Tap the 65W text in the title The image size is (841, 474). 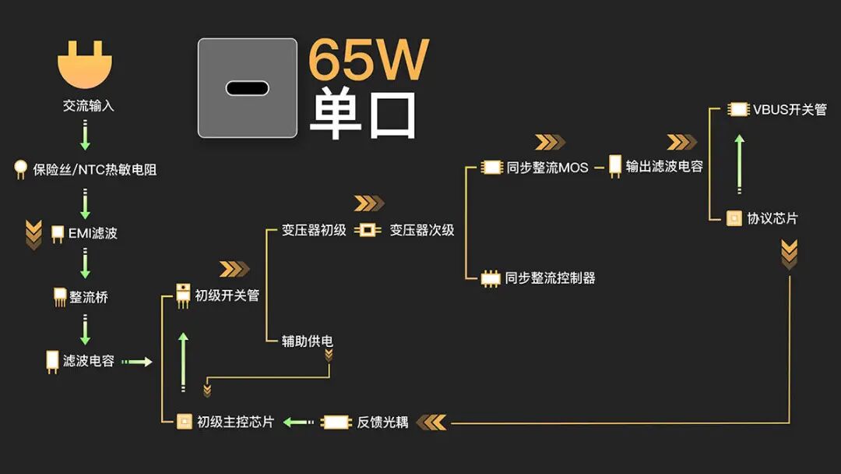coord(368,60)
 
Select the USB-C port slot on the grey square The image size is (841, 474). coord(247,88)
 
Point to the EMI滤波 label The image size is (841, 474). coord(93,232)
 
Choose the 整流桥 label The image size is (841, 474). coord(89,297)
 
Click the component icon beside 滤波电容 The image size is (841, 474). coord(52,361)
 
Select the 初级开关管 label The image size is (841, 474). coord(227,295)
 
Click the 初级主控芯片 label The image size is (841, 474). coord(235,422)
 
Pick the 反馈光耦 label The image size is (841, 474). coord(383,422)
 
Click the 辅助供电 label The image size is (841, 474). coord(308,341)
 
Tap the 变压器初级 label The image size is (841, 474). coord(314,230)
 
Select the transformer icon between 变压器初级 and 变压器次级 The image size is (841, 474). coord(368,230)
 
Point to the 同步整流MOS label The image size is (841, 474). coord(547,167)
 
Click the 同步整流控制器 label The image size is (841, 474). coord(551,278)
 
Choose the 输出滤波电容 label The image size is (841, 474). coord(664,166)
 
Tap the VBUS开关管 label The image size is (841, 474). coord(790,109)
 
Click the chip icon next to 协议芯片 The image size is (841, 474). coord(734,218)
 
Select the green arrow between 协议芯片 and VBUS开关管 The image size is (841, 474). coord(739,164)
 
